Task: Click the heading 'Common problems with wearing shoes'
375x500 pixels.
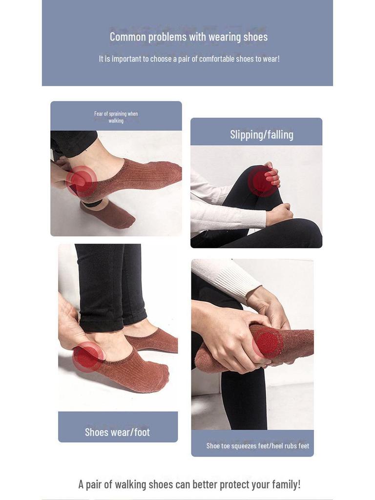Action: coord(188,37)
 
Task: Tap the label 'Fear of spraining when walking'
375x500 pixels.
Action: coord(116,117)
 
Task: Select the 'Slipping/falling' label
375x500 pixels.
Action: coord(262,135)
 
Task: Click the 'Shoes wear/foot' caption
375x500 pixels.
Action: coord(117,432)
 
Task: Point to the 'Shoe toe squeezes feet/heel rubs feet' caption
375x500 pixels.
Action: coord(257,446)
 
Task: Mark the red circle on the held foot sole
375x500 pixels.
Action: coord(268,343)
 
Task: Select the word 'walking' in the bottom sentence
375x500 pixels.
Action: coord(142,484)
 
